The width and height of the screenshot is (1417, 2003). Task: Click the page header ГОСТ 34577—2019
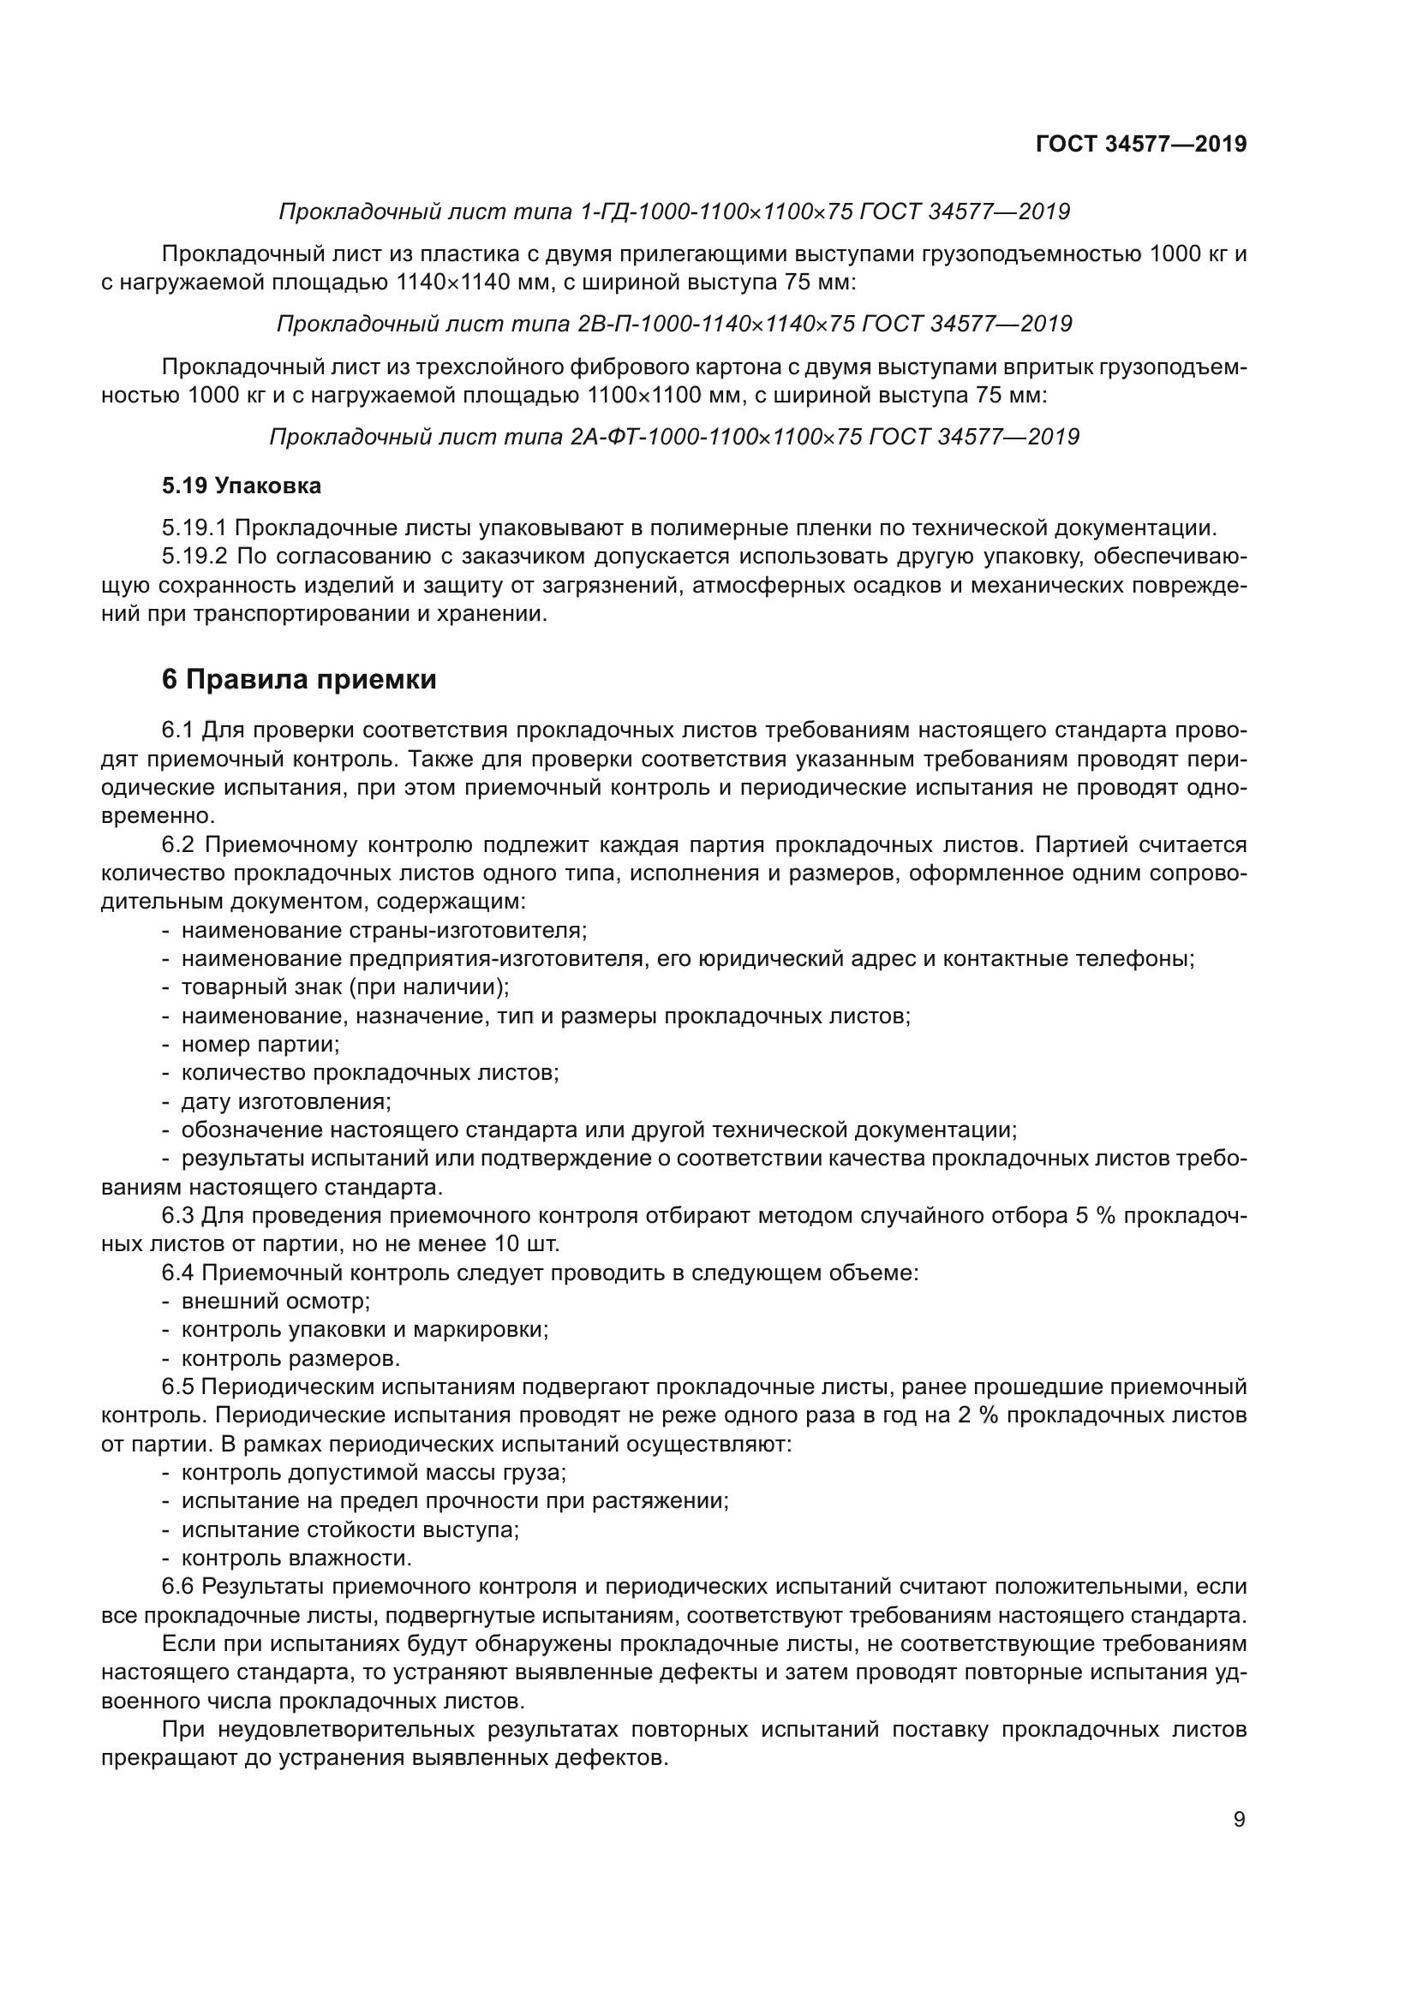point(1141,145)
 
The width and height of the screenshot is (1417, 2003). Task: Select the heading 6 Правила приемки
point(299,679)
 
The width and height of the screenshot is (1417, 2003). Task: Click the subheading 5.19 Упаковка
point(242,486)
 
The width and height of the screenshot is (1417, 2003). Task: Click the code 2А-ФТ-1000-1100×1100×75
point(715,436)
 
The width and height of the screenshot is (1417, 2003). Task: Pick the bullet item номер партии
point(260,1043)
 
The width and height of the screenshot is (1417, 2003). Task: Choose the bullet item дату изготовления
point(286,1101)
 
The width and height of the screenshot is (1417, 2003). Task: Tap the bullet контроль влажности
point(296,1558)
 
